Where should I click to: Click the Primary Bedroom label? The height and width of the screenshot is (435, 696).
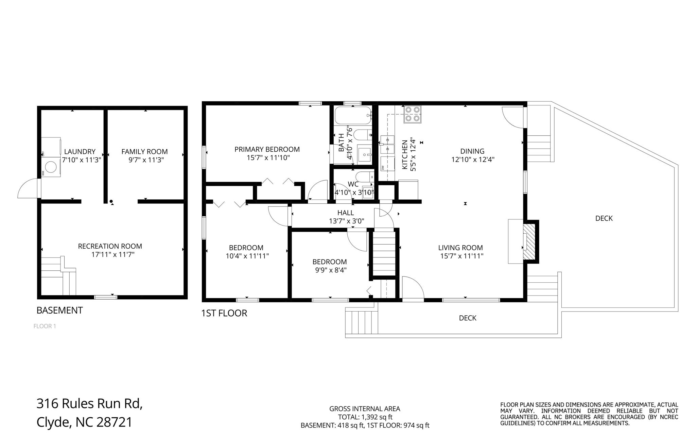[267, 149]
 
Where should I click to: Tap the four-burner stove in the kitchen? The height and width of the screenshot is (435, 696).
[412, 114]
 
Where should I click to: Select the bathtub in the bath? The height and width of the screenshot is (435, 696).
[353, 116]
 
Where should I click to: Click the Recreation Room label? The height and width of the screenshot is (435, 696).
[110, 246]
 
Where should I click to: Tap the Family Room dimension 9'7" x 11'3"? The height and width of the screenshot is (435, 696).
[146, 160]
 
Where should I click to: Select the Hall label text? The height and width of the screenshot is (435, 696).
[346, 213]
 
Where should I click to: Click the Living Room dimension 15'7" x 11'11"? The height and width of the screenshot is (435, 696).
[461, 256]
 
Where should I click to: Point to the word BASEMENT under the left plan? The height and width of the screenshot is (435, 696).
[59, 310]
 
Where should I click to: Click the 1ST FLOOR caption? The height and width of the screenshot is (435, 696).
[224, 313]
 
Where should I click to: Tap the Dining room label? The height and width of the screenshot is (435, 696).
[472, 151]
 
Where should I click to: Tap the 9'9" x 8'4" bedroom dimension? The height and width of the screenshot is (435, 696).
[330, 270]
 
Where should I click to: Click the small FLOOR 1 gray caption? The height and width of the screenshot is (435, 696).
[45, 327]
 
